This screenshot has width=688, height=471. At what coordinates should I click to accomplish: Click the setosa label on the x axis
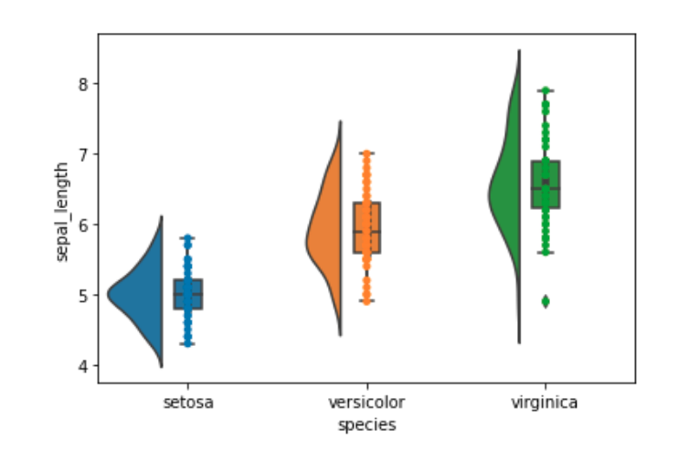coord(188,402)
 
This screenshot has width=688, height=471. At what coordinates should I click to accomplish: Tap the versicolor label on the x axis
coord(366,402)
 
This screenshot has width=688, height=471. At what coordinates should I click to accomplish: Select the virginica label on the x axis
coord(545,402)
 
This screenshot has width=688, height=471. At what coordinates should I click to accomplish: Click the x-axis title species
coord(366,424)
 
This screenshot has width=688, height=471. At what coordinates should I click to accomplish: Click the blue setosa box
coord(188,295)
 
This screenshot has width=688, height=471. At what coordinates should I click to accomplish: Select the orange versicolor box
coord(366,228)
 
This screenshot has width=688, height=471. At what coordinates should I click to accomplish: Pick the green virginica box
coord(545,185)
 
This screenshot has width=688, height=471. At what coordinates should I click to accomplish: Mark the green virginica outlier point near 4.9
coord(545,302)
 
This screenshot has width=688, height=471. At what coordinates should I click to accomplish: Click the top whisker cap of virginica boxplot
coord(545,90)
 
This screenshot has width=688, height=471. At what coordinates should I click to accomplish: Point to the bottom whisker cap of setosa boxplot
coord(188,344)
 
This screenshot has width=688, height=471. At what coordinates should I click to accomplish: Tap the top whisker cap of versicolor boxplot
coord(366,153)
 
